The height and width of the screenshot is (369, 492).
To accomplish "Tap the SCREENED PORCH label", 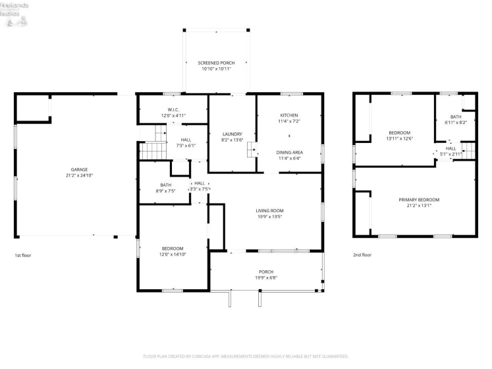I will pos(216,63).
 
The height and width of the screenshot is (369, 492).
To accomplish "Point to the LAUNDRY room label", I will pos(232,134).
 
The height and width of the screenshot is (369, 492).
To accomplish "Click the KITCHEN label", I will pos(289,115).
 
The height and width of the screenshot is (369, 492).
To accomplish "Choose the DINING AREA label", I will pos(289,152).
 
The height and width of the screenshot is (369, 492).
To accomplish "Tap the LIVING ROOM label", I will pos(269,210).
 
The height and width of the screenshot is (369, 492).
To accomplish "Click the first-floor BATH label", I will pos(165,185).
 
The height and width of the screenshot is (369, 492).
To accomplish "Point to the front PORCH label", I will pos(265,271).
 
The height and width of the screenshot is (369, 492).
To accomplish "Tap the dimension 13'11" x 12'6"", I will pos(399,138).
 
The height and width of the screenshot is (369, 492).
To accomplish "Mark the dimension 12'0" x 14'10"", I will pos(173,254).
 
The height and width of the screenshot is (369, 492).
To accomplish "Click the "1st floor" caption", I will pos(22,255).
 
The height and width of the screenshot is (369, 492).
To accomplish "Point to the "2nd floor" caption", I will pos(362,255).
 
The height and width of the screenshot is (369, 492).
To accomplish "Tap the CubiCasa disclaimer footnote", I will pos(246,356).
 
